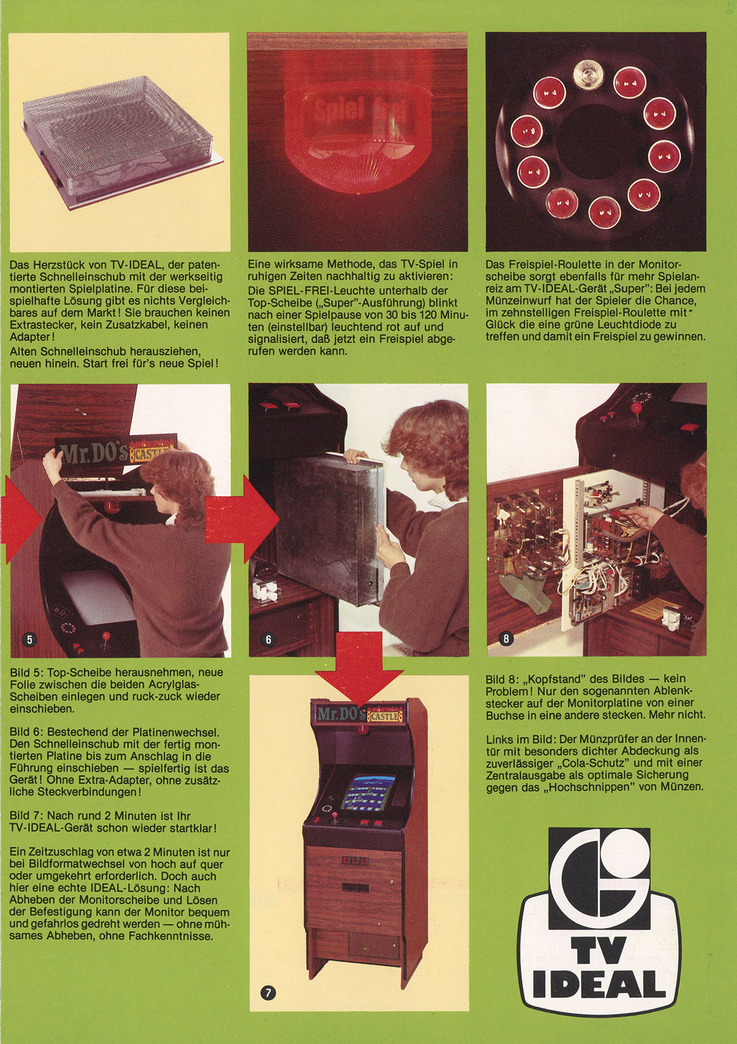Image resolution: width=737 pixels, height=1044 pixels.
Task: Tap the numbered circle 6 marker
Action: tap(268, 638)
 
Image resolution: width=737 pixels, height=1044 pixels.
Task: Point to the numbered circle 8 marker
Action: tap(506, 638)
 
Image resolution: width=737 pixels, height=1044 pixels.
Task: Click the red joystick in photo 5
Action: tap(106, 637)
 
